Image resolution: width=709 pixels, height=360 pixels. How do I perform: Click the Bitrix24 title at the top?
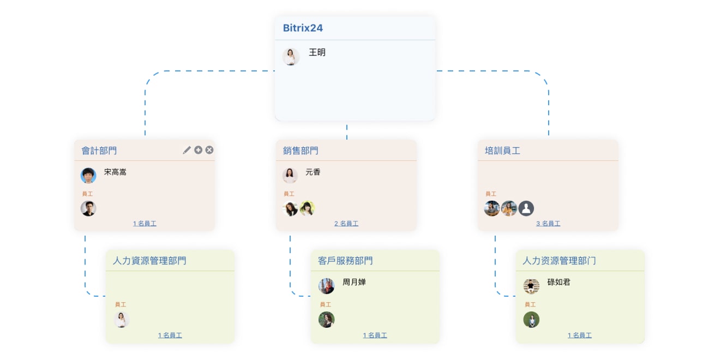tap(303, 28)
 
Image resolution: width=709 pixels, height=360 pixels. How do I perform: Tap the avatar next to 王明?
tap(291, 56)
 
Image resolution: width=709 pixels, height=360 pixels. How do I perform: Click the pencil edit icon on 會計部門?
tap(187, 150)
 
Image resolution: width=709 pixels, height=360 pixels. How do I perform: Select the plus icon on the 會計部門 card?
tap(199, 150)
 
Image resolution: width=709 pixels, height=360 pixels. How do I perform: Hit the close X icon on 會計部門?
tap(209, 150)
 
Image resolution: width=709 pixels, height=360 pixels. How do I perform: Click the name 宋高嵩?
tap(115, 172)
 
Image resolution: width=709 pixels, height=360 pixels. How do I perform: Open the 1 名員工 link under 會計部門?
tap(145, 224)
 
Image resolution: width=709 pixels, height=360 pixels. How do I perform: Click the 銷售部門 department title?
tap(301, 151)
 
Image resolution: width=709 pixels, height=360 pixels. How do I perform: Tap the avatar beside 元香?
tap(290, 175)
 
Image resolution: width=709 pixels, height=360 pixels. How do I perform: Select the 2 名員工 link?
tap(346, 224)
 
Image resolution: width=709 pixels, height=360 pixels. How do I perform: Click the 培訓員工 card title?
tap(502, 151)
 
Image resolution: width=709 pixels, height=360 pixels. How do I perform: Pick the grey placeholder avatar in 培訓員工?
tap(526, 208)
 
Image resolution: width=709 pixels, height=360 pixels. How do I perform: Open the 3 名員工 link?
tap(548, 224)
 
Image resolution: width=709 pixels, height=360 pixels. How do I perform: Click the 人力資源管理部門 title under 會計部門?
tap(149, 261)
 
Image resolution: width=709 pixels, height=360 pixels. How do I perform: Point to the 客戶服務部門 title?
tap(345, 261)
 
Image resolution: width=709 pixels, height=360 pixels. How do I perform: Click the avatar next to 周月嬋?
tap(326, 286)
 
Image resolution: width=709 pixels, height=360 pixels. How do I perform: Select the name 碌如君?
tap(559, 283)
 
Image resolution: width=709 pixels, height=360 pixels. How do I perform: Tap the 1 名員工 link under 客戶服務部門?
tap(375, 335)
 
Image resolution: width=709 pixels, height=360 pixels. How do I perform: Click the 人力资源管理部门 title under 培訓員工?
tap(559, 261)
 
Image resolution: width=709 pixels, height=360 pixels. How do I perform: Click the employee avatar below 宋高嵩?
tap(88, 208)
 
